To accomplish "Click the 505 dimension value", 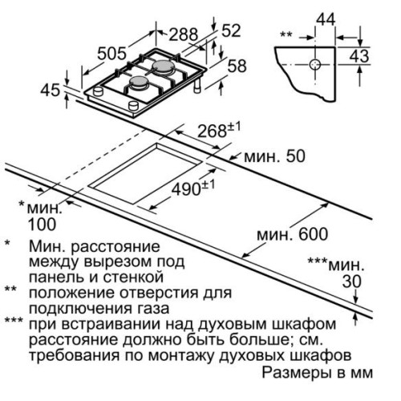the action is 111,53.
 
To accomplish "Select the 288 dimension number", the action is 183,34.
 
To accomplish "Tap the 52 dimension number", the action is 231,30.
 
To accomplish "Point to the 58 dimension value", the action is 237,66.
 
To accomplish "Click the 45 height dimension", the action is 51,90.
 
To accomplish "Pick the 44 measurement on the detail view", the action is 326,19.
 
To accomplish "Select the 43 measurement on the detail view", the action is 359,56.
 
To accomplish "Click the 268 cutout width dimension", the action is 219,130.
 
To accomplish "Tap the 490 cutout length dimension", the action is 193,188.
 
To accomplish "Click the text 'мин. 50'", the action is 274,156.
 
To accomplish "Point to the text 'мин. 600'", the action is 292,234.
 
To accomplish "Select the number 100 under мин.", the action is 42,225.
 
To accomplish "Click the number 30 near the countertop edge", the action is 352,282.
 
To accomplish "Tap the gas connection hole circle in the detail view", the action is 315,64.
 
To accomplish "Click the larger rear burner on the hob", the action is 164,66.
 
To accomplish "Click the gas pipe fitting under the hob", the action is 198,86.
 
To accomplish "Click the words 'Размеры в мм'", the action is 317,372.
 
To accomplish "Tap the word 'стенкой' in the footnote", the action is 133,277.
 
